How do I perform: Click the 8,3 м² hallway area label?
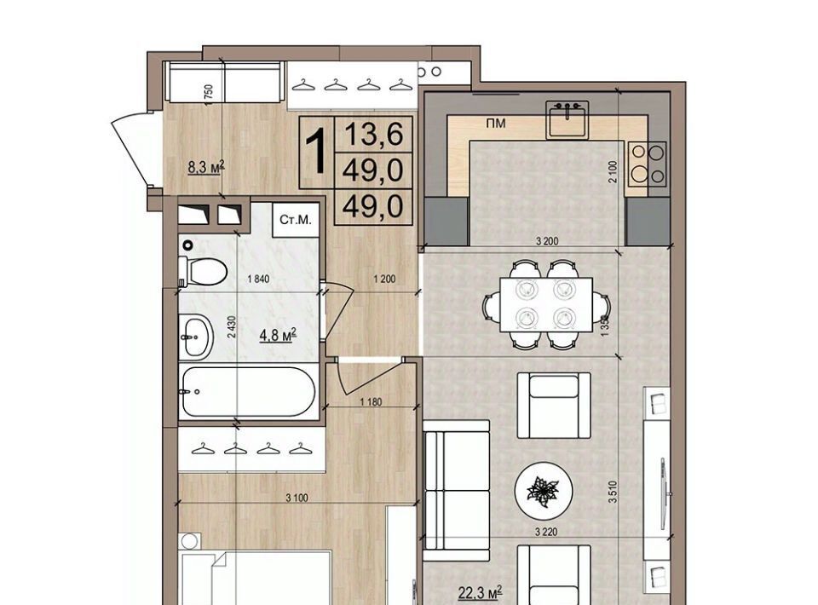pos(206,167)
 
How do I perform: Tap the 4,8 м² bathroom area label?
pos(278,335)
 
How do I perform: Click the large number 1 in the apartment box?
pos(316,152)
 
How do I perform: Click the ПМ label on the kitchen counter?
pos(495,124)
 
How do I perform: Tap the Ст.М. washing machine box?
pos(296,220)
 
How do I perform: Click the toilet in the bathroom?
pos(203,271)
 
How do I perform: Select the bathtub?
pos(248,392)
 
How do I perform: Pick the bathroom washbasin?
pos(196,337)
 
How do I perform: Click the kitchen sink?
pos(567,120)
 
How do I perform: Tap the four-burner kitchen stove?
pos(647,164)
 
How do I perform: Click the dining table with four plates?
pos(545,304)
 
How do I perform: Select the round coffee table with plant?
pos(544,491)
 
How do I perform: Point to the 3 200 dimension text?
pos(547,241)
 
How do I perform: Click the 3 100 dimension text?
pos(297,498)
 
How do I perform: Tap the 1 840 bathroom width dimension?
pos(258,279)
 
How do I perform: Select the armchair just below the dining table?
pos(554,406)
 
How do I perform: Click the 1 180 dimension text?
pos(371,402)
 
